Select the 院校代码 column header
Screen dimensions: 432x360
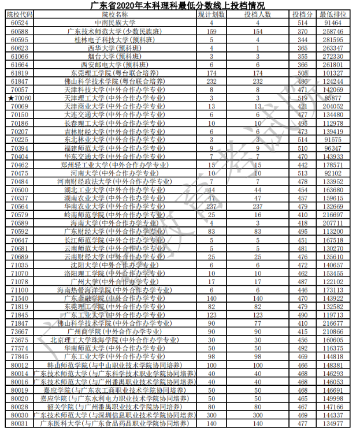21,14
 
